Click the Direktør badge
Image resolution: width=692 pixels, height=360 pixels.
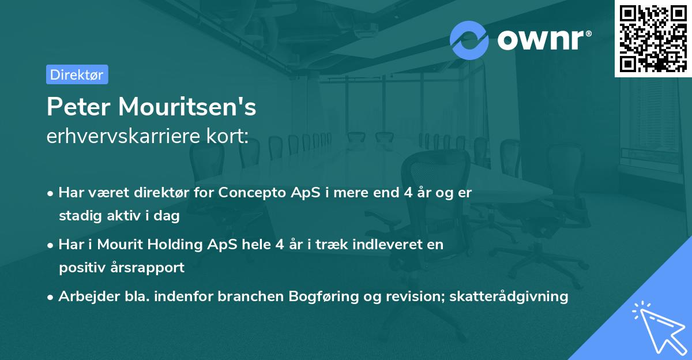pyautogui.click(x=77, y=74)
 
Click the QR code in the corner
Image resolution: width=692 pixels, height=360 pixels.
pyautogui.click(x=653, y=38)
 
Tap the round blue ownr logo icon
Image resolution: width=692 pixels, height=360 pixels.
pyautogui.click(x=469, y=39)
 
